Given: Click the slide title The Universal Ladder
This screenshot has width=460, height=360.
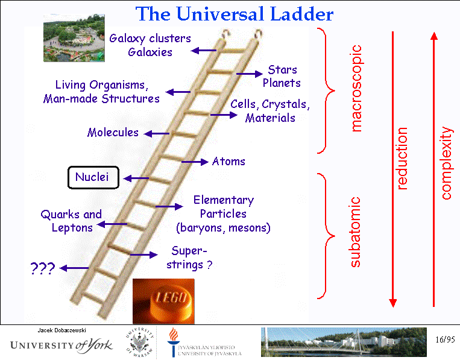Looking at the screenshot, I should pyautogui.click(x=234, y=13).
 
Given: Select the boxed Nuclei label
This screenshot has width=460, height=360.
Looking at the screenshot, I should pyautogui.click(x=92, y=177).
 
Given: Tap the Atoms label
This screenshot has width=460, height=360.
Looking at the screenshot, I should pyautogui.click(x=228, y=162).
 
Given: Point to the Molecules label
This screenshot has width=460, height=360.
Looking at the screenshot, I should pyautogui.click(x=113, y=132).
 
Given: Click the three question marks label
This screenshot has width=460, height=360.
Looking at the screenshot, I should pyautogui.click(x=43, y=268).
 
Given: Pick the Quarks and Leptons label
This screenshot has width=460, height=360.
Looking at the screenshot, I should pyautogui.click(x=72, y=221).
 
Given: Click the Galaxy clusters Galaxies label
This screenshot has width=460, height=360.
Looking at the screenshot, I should pyautogui.click(x=150, y=45).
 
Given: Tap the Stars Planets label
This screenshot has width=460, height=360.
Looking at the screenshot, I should pyautogui.click(x=282, y=77).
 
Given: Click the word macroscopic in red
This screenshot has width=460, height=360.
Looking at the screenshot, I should pyautogui.click(x=356, y=89).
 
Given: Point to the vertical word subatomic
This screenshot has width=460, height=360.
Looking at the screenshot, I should pyautogui.click(x=356, y=232).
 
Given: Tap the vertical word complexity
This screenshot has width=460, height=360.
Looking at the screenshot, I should pyautogui.click(x=446, y=163).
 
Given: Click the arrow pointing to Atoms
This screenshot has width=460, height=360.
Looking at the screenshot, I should pyautogui.click(x=194, y=162).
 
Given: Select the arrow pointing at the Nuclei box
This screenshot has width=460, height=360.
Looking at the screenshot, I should pyautogui.click(x=136, y=178).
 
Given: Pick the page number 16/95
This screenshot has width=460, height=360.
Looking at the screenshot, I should pyautogui.click(x=445, y=341).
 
